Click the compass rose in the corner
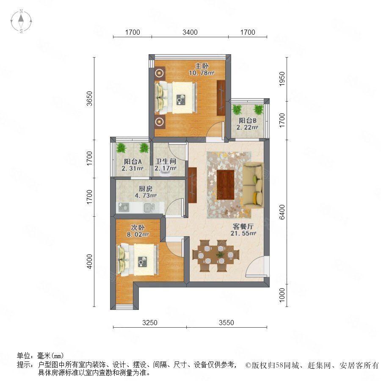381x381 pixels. coord(21,21)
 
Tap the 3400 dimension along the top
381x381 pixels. coord(190,32)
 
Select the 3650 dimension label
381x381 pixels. coord(90,98)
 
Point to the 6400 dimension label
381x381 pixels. coord(282,212)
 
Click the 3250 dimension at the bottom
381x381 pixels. coord(150,323)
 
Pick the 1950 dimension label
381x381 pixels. coord(282,79)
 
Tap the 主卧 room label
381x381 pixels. coord(202,66)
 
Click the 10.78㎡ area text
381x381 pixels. coord(202,73)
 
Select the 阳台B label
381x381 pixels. coord(247,121)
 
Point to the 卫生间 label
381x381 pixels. coord(166,161)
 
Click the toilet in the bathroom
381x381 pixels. coord(166,173)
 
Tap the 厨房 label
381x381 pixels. coord(145,188)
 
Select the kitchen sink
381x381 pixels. coord(149,208)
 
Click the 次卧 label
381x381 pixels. coord(138,227)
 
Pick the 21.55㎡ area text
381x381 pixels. coord(243,233)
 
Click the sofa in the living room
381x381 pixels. coord(253,185)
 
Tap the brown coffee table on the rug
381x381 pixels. coord(226,185)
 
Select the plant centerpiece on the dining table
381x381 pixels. coord(221,255)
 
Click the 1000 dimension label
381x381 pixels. coord(282,295)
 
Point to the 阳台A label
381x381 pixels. coord(133,162)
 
